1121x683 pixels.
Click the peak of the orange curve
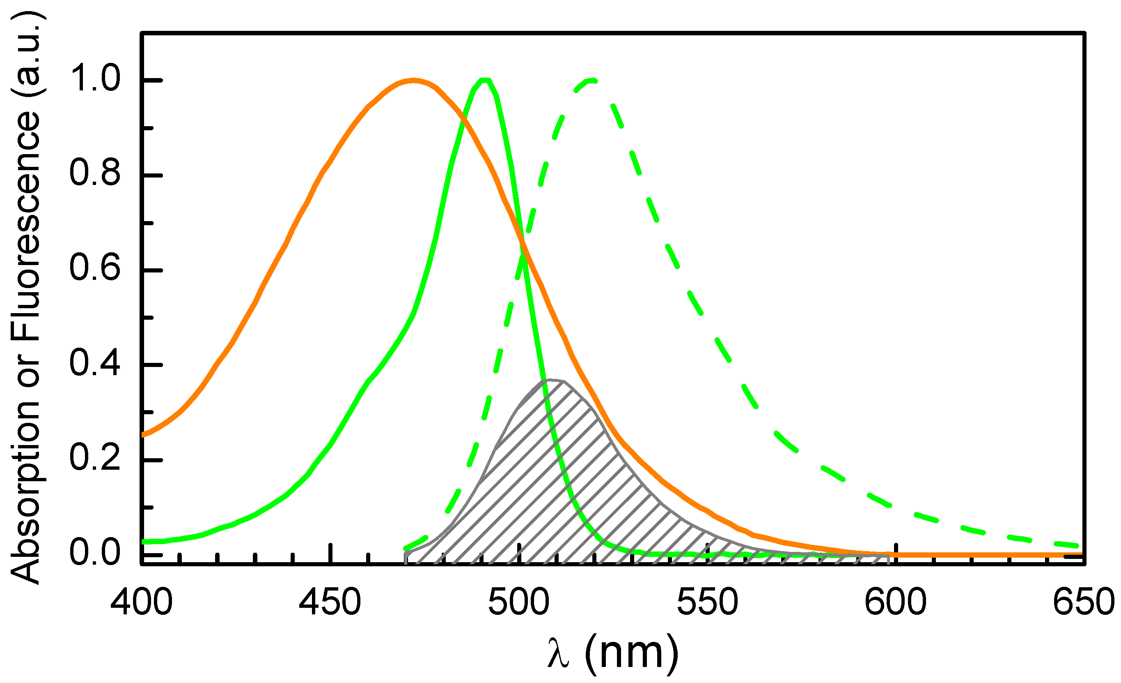(413, 81)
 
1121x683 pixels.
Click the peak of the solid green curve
(485, 81)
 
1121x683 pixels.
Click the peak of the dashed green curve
(591, 81)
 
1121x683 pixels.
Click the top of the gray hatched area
(551, 380)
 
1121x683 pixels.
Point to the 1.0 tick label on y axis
(95, 78)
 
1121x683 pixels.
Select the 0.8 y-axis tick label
(95, 173)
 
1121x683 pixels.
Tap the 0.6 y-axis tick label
(95, 268)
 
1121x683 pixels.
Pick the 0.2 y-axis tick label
(95, 459)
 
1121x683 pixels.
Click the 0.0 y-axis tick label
(95, 554)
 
